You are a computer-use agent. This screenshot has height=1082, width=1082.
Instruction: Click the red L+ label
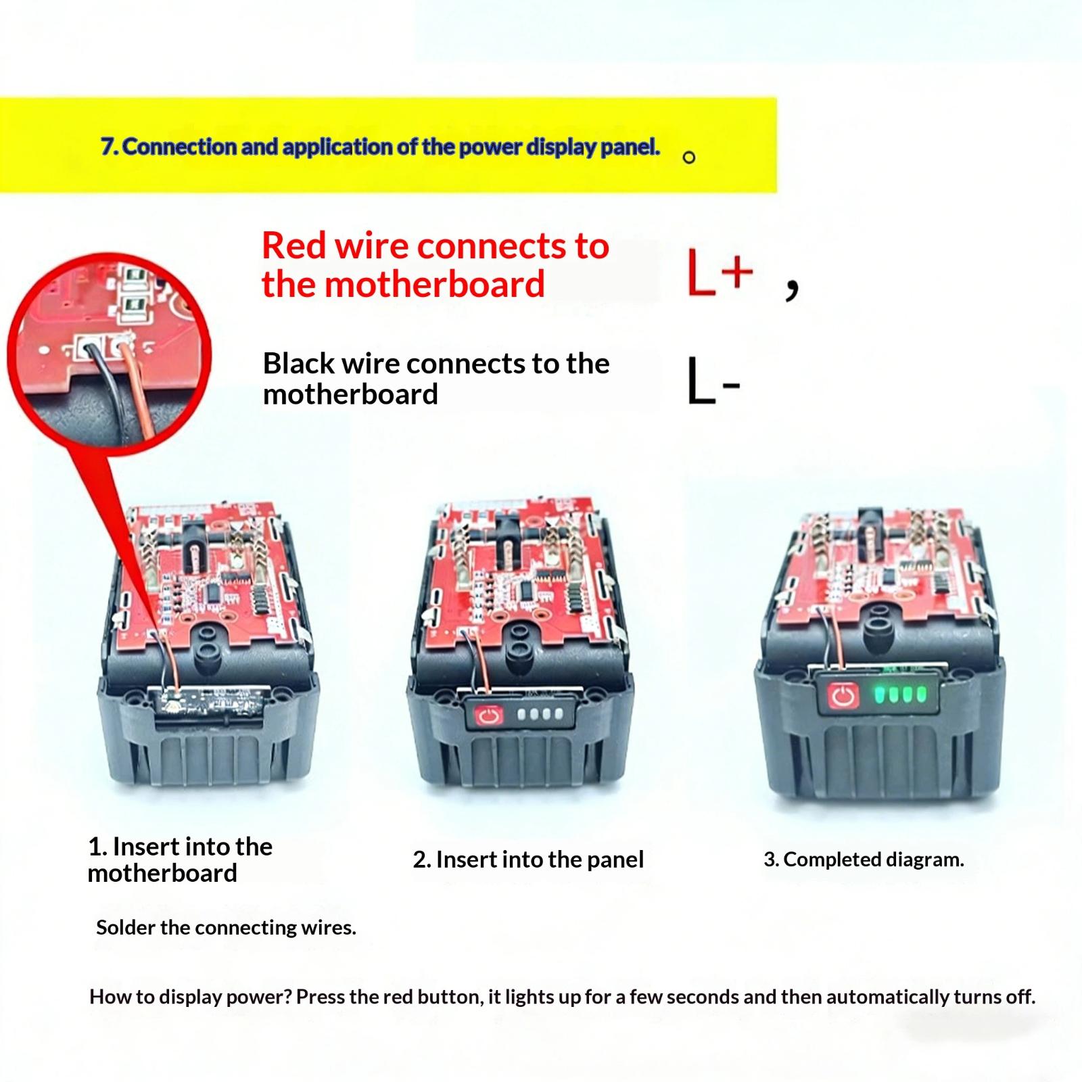pyautogui.click(x=720, y=272)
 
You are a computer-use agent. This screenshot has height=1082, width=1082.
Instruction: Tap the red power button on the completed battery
pyautogui.click(x=842, y=697)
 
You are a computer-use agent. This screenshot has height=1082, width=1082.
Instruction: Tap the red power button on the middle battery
pyautogui.click(x=488, y=715)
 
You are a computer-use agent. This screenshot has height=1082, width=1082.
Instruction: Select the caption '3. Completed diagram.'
pyautogui.click(x=864, y=860)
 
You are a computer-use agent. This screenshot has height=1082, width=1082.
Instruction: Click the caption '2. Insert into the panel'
pyautogui.click(x=528, y=860)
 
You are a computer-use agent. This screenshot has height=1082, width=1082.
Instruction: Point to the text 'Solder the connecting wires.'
pyautogui.click(x=226, y=927)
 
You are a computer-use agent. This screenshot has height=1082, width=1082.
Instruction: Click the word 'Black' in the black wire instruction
pyautogui.click(x=298, y=363)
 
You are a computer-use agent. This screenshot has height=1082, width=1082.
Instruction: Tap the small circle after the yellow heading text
pyautogui.click(x=689, y=158)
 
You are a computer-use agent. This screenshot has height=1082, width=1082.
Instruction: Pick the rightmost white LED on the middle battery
pyautogui.click(x=558, y=714)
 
